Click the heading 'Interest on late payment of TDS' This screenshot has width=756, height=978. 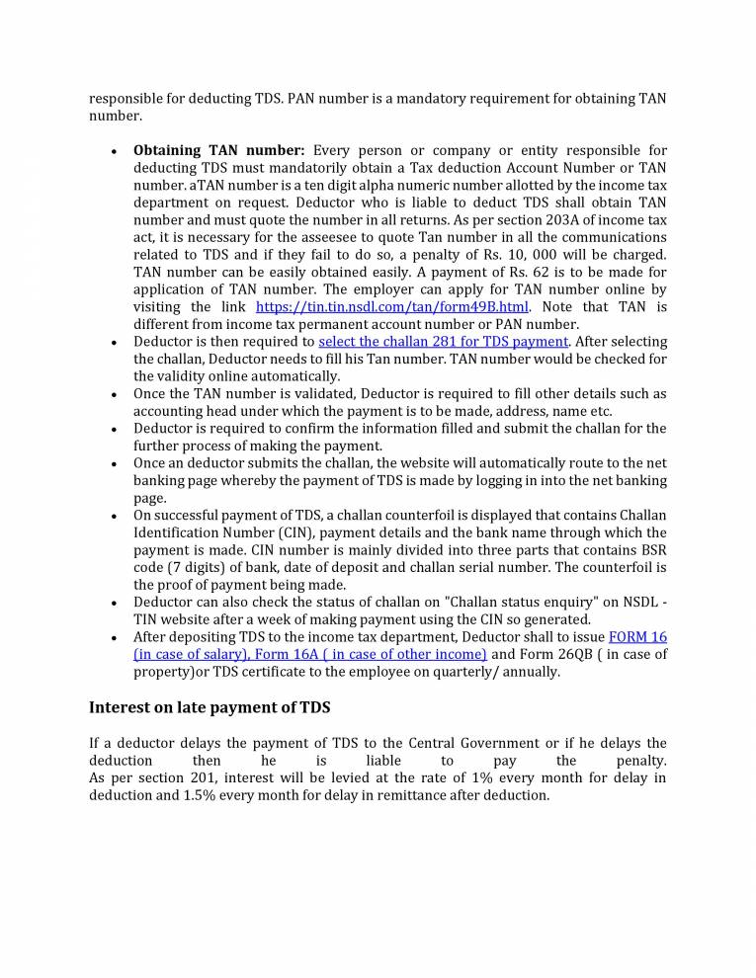[x=210, y=706]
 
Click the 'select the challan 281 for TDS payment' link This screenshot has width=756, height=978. [x=444, y=342]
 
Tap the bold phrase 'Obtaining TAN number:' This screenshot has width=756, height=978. [x=219, y=150]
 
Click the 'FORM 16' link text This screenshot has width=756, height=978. [x=637, y=637]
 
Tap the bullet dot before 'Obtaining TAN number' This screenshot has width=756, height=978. [x=115, y=151]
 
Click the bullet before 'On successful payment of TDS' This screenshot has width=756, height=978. [x=115, y=516]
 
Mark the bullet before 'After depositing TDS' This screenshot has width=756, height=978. [x=115, y=637]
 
